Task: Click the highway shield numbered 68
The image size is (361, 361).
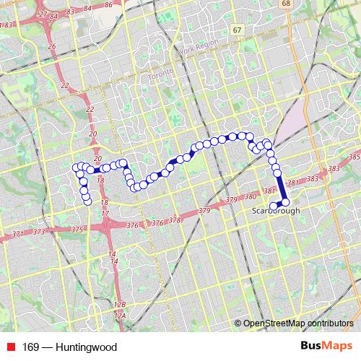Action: (x=287, y=4)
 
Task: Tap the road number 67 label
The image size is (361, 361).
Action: (x=238, y=30)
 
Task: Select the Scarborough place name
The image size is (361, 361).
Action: (x=275, y=211)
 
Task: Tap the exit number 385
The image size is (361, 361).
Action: (x=353, y=157)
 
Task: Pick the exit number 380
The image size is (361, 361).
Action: (x=251, y=196)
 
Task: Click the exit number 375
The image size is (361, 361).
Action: (x=78, y=228)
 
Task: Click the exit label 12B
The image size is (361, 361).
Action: (x=120, y=305)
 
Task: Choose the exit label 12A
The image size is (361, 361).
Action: (x=120, y=316)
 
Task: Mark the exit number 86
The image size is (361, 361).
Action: (x=108, y=4)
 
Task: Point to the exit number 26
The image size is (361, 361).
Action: (x=51, y=46)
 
